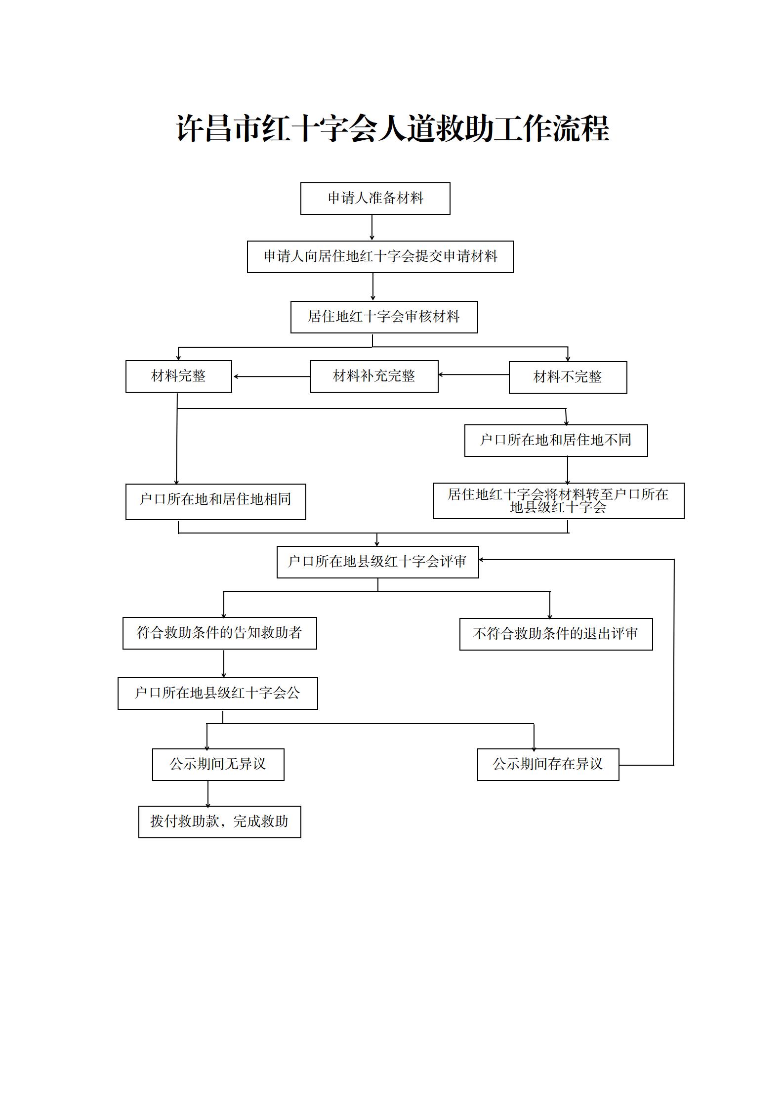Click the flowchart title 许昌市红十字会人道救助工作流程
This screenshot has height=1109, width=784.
point(393,129)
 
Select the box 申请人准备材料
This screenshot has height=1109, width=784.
point(375,199)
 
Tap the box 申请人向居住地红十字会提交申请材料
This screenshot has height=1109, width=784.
point(380,257)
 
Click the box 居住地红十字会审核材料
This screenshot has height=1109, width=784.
point(384,317)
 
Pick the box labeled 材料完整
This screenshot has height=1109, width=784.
point(179,376)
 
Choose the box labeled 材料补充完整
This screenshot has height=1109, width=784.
point(374,376)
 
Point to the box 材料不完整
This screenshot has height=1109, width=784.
point(568,377)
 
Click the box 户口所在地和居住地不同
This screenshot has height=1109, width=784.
point(556,441)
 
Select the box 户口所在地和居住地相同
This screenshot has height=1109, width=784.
point(216,502)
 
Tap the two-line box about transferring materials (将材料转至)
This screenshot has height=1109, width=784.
point(559,501)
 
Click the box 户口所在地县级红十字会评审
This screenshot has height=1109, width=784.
point(378,562)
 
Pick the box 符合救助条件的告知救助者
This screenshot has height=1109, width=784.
point(220,633)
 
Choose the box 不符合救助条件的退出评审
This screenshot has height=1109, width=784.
point(556,634)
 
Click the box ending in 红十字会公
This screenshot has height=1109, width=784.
point(218,694)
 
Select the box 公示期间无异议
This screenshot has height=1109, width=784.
point(218,765)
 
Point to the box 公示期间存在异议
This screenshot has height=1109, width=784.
point(548,765)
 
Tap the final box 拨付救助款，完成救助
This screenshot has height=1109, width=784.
point(220,822)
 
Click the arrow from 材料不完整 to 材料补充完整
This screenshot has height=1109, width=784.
point(474,375)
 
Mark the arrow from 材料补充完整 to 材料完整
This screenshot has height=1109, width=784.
point(272,376)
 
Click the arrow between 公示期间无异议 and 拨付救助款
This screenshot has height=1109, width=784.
point(208,794)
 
